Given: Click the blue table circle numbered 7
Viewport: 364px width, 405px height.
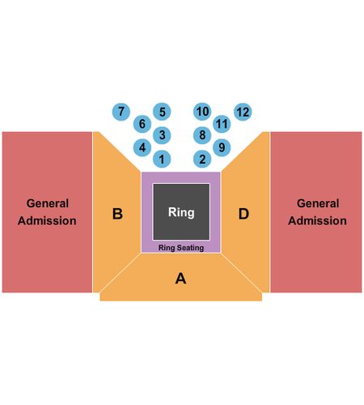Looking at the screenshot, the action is click(x=121, y=112).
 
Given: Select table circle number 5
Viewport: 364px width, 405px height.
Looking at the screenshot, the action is click(x=162, y=112).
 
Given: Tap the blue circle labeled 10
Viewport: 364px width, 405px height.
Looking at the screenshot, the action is click(x=202, y=112).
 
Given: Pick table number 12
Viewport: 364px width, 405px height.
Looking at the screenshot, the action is click(x=243, y=112).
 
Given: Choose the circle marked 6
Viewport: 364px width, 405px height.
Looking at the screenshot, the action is click(x=142, y=124).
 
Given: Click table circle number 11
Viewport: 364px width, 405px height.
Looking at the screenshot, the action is click(x=222, y=124).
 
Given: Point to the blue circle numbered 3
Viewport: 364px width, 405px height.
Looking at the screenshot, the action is click(x=162, y=135).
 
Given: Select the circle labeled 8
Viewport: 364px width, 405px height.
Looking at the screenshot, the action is click(x=202, y=135).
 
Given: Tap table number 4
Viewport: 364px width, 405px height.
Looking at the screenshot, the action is click(x=142, y=147).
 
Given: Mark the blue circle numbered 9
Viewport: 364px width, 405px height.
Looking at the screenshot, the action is click(x=222, y=147).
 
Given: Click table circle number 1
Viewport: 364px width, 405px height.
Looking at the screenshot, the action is click(x=162, y=159).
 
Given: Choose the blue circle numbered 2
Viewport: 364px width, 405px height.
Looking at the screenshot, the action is click(x=202, y=159).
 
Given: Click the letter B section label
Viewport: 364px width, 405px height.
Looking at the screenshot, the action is click(x=117, y=214).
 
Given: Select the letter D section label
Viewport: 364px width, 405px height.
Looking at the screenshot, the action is click(x=243, y=214).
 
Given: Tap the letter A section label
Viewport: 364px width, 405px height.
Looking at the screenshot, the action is click(x=180, y=279).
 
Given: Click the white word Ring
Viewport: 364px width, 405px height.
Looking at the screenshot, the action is click(x=181, y=212).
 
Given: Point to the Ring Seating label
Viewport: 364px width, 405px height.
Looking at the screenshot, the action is click(x=181, y=248).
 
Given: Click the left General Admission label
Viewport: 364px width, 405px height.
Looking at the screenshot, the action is click(x=47, y=212).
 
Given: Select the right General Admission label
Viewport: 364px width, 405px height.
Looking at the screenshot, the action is click(x=317, y=212).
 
